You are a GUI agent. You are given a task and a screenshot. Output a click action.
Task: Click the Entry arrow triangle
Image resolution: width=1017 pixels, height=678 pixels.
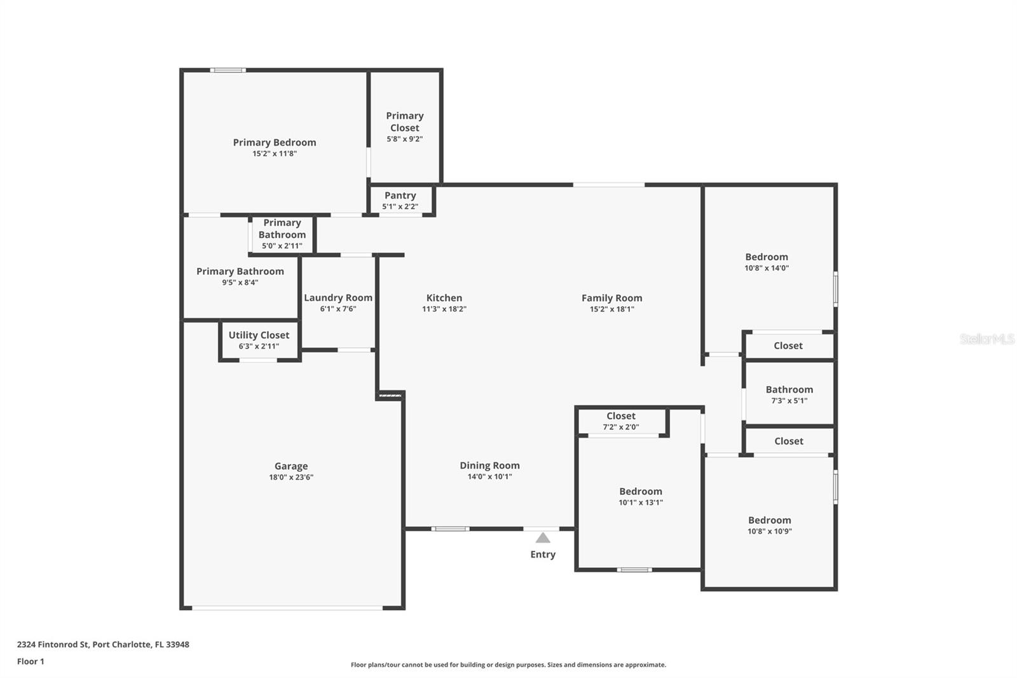pos(543,538)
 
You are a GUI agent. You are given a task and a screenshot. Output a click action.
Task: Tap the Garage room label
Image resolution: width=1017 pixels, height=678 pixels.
pos(291,466)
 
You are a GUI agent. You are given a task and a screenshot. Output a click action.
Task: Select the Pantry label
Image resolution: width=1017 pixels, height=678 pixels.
pos(400,195)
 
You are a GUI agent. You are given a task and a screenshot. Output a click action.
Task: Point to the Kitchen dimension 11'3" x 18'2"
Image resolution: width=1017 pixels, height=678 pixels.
pos(444,309)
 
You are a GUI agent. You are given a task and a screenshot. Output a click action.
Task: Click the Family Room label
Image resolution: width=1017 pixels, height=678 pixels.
pos(611,298)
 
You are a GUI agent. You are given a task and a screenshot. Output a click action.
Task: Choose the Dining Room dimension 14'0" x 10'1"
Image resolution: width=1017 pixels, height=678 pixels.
pos(489,476)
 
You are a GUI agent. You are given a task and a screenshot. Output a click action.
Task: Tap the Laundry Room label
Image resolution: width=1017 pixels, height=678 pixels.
pos(338,298)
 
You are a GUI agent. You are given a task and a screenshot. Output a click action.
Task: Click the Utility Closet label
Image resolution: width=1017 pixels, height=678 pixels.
pos(259,335)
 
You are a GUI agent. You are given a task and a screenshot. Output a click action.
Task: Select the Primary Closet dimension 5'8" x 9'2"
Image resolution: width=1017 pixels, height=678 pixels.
pos(404,139)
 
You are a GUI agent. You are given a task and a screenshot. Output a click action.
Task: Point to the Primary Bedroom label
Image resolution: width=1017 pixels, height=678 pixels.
pos(274,142)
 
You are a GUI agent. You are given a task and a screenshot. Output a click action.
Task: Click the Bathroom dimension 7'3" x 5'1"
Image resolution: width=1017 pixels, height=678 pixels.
pos(789,400)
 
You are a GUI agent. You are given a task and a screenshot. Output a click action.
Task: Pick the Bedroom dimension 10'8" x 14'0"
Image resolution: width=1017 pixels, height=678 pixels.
pos(767,268)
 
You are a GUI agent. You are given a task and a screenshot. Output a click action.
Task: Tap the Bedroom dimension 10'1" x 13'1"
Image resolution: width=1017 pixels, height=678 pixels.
pos(641,502)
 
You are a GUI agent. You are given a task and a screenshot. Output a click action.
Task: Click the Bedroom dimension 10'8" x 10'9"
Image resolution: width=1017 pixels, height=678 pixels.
pos(770,531)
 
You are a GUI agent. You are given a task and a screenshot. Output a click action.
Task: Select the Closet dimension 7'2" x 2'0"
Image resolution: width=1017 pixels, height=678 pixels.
pos(620,427)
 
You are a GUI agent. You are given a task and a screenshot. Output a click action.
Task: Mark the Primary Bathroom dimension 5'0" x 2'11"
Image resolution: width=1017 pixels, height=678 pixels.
pos(282,246)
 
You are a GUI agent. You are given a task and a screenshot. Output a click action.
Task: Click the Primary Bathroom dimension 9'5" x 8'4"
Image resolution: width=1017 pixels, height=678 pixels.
pos(240,282)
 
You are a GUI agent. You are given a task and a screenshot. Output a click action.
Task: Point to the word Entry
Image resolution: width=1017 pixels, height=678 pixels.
pos(543,555)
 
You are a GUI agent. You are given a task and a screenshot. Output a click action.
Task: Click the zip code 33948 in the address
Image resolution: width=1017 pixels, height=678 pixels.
pos(177,644)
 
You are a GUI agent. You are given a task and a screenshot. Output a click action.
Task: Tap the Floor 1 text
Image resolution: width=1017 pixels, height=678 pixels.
pos(31,661)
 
